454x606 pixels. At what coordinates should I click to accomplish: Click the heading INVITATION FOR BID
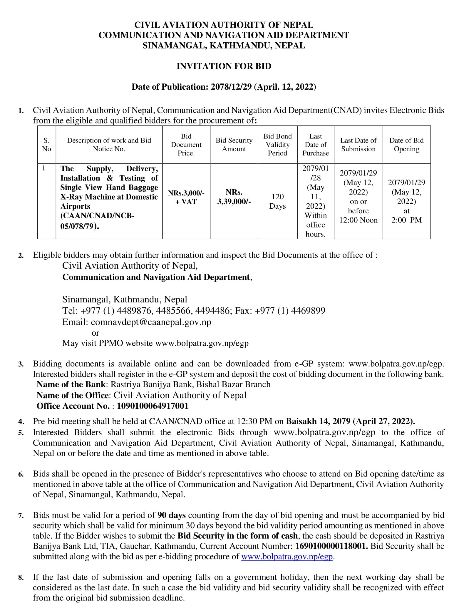click(224, 66)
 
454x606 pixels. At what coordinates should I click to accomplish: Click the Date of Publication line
click(224, 87)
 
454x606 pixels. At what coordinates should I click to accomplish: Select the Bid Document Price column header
click(186, 145)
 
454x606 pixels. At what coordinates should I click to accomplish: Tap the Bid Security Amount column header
click(234, 145)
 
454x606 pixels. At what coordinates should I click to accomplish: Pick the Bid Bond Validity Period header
click(277, 145)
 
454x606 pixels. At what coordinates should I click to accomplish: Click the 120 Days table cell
click(277, 201)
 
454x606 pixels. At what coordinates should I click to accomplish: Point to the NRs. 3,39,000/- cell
click(234, 197)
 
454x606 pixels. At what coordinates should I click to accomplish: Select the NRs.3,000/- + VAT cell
click(186, 197)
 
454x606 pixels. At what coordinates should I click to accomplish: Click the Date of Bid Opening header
click(406, 145)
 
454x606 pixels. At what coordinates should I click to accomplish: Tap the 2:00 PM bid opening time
click(406, 220)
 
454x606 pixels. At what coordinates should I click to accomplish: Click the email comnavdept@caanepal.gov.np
click(151, 322)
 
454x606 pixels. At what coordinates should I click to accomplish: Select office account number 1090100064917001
click(153, 406)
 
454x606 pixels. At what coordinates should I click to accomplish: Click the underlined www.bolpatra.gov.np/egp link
click(287, 557)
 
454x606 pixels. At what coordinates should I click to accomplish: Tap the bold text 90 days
click(171, 515)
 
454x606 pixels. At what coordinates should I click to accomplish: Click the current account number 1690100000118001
click(331, 546)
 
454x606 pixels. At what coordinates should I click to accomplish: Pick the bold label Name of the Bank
click(71, 384)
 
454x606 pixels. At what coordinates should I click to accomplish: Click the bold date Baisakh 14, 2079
click(318, 421)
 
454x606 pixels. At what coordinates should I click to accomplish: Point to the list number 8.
click(21, 578)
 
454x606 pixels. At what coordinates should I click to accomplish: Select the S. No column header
click(46, 145)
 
